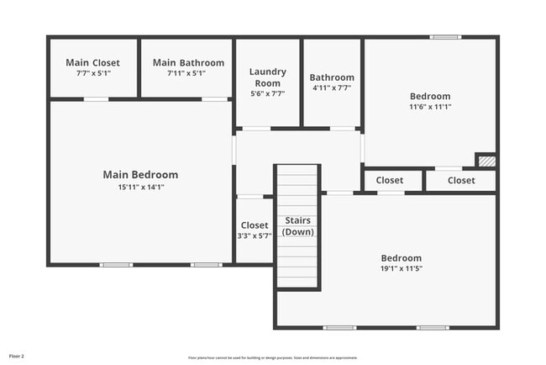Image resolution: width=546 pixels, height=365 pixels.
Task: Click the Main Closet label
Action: pos(92,63)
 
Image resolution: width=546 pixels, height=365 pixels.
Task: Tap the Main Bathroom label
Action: pos(188,63)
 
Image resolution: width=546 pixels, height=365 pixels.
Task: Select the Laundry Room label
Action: pos(267,77)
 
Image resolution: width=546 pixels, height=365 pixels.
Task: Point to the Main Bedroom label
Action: pos(140,175)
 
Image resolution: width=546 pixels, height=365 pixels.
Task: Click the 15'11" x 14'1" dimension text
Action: pos(140,187)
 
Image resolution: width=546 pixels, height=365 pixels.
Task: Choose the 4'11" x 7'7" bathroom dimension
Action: pos(332,87)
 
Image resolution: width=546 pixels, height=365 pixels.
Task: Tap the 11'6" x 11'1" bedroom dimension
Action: pos(429,107)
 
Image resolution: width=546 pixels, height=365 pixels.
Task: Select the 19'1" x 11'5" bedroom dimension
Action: pos(401,269)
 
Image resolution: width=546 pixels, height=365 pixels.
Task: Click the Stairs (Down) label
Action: pos(298,226)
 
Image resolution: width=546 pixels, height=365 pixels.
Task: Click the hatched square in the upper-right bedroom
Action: pos(486,160)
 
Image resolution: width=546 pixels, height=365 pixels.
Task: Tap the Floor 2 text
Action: pos(17,356)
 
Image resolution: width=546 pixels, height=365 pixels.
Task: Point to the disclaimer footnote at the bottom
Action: pos(272,357)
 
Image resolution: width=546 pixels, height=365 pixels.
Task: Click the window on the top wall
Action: pos(446,37)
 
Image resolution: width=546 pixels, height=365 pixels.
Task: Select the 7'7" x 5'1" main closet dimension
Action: pos(92,73)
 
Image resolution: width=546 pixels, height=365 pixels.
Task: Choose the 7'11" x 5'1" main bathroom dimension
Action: pos(188,73)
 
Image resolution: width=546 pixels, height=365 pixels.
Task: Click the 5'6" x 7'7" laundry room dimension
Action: pos(267,93)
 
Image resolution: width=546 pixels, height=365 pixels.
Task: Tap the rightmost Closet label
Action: pos(460,180)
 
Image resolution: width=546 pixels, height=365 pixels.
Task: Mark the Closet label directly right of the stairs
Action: pos(389,180)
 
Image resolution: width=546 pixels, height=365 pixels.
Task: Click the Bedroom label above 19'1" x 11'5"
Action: pos(401,258)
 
